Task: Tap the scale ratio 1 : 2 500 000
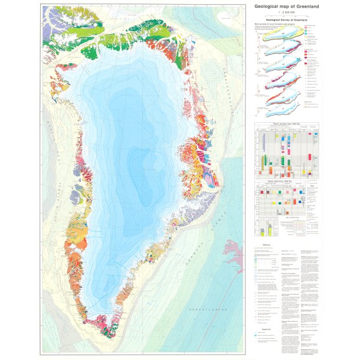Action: pos(287,12)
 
